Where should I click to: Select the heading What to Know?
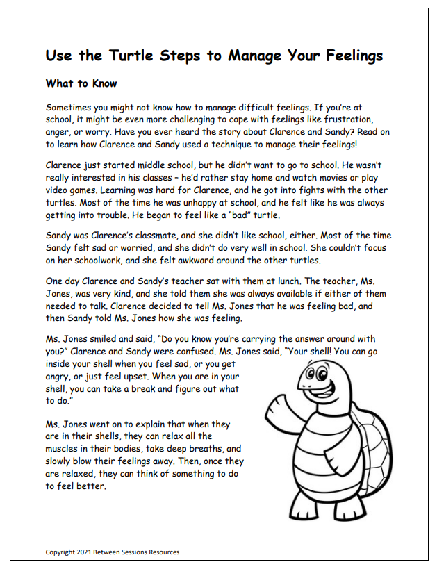point(81,83)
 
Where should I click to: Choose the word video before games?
point(60,191)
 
